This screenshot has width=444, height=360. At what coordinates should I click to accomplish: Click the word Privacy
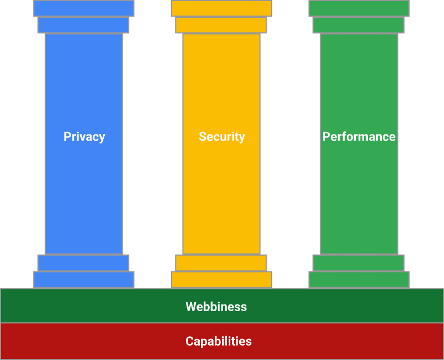coord(84,137)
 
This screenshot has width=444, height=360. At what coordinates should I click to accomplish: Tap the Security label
coord(222,137)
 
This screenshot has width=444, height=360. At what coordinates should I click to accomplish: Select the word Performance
coord(359,137)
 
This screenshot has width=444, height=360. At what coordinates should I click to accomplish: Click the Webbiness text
coord(216,307)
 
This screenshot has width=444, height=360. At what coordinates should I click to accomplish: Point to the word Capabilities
coord(218,341)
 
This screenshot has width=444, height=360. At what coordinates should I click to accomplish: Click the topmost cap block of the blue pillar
coord(84,8)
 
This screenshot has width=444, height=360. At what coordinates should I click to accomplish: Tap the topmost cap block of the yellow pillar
coord(221,8)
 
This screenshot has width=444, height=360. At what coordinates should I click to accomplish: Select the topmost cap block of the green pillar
coord(359,8)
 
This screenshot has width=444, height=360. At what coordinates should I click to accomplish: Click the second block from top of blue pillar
coord(83,25)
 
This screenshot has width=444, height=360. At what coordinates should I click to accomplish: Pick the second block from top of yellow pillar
coord(221,25)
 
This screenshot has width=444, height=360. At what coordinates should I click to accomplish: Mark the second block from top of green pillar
coord(359,25)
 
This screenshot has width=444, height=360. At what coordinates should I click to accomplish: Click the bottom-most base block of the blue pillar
coord(84,279)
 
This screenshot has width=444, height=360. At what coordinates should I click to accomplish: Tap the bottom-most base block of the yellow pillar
coord(221,279)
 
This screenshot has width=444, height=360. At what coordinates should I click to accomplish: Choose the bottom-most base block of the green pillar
coord(359,279)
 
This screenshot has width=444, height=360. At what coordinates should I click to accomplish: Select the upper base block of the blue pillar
coord(83,263)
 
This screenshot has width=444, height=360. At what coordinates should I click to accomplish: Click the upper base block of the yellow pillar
coord(221,263)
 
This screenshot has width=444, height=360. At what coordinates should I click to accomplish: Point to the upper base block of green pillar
coord(359,263)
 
